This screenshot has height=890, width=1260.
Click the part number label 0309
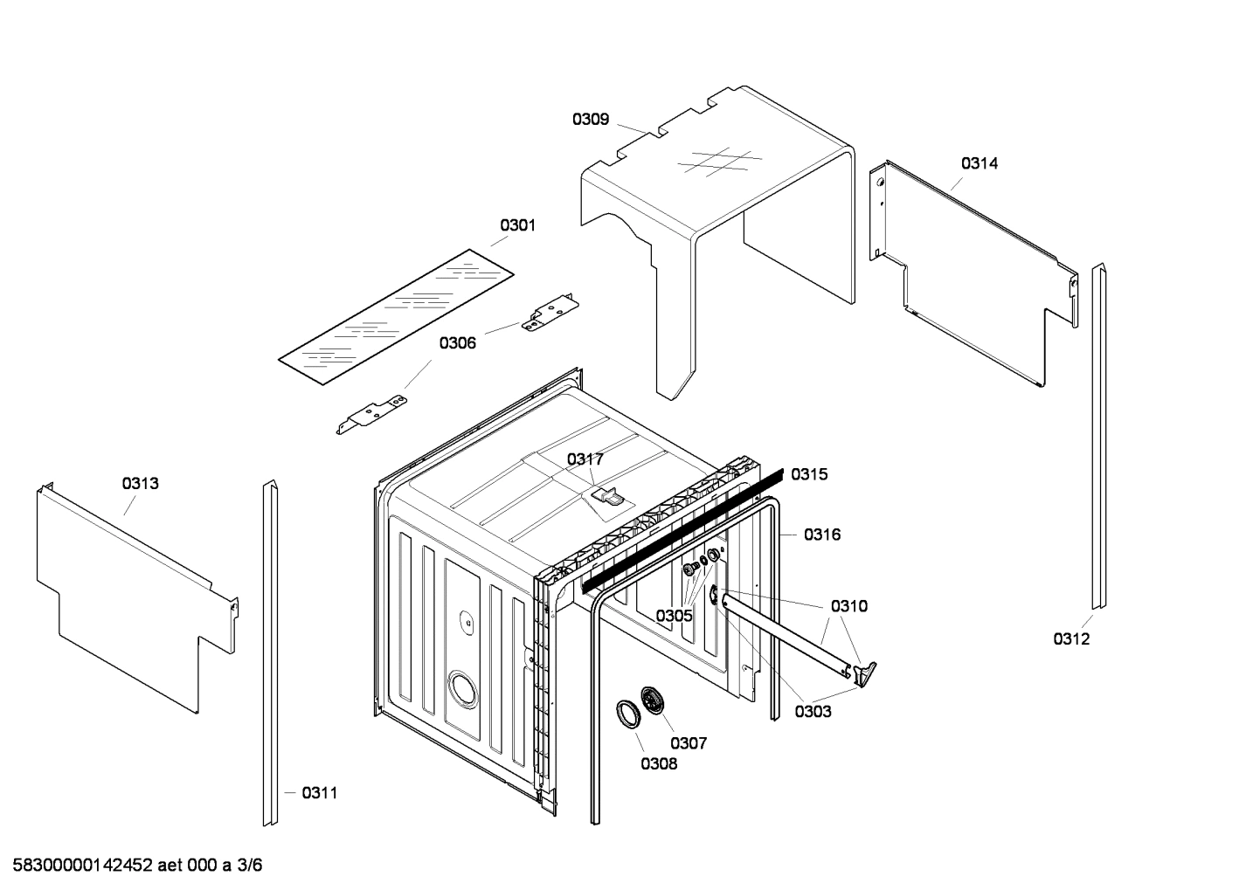591,120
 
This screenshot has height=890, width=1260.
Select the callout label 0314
980,163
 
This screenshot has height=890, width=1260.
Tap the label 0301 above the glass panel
517,225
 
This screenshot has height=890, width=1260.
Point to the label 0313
141,483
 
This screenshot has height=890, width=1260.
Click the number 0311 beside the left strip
319,793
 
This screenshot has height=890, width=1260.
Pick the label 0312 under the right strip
1071,639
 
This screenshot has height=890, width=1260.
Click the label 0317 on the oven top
585,459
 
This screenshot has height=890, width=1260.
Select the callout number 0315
809,474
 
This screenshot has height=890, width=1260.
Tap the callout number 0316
822,535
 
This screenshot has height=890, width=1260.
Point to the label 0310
849,606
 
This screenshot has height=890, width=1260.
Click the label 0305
675,616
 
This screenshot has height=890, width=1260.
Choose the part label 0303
813,712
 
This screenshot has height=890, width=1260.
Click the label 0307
689,743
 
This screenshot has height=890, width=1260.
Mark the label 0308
658,764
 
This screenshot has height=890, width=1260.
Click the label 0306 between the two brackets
457,343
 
